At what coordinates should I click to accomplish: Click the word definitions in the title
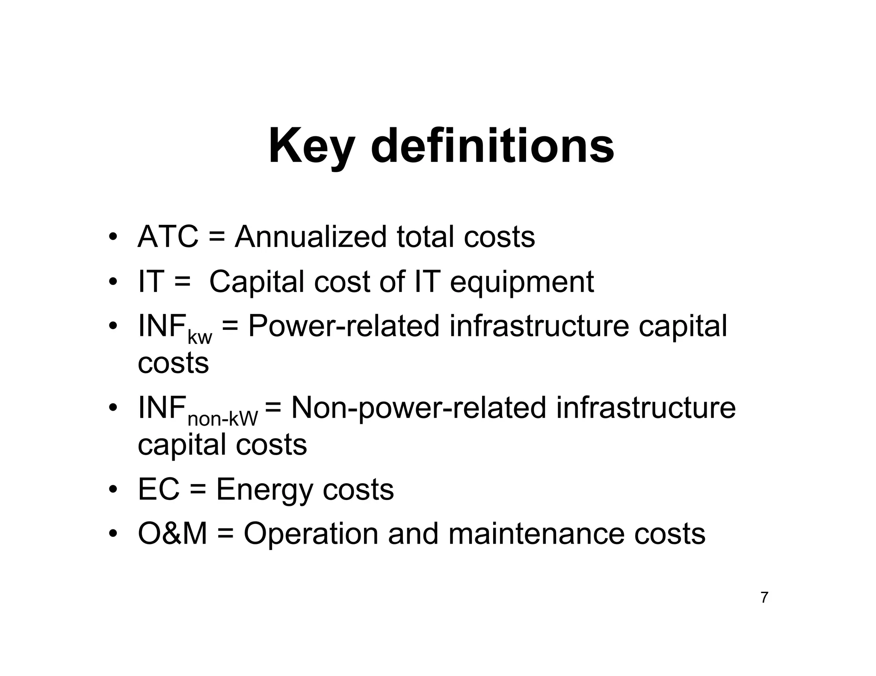pos(492,146)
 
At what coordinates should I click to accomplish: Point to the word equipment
pos(522,282)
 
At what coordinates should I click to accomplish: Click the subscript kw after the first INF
pos(200,338)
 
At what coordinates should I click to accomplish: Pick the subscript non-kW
pos(223,419)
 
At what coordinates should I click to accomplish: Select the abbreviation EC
pos(158,489)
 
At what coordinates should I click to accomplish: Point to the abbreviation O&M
pos(172,534)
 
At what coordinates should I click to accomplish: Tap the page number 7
pos(764,597)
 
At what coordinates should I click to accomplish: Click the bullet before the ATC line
pos(112,237)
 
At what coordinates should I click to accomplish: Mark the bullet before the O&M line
pos(112,534)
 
